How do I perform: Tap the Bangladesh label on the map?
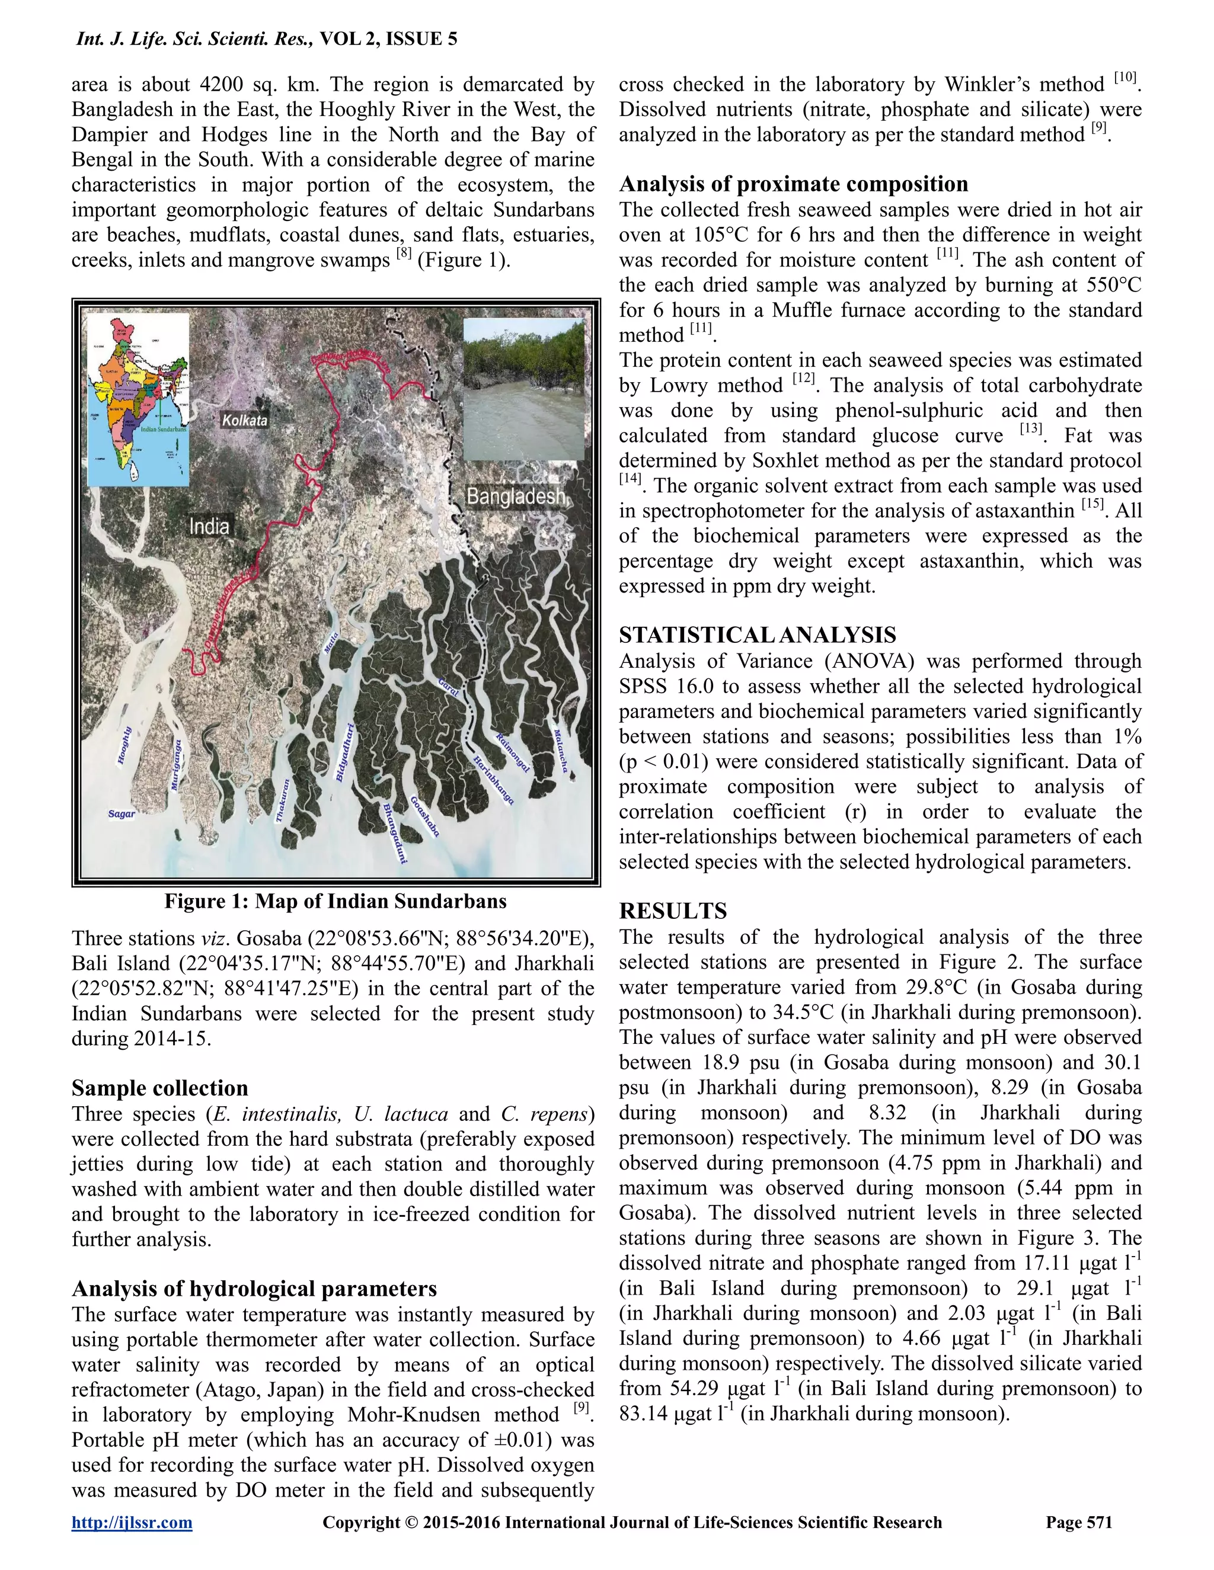coord(515,496)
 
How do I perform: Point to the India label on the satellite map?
coord(209,526)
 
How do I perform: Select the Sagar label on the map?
coord(122,814)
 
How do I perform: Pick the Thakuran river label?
coord(283,800)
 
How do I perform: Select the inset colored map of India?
coord(138,400)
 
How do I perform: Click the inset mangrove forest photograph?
coord(523,389)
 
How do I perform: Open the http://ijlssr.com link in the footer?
coord(132,1522)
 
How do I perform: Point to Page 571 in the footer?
coord(1079,1522)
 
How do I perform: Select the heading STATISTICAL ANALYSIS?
coord(758,635)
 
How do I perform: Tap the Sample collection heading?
coord(159,1088)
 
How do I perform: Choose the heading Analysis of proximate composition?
coord(793,184)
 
